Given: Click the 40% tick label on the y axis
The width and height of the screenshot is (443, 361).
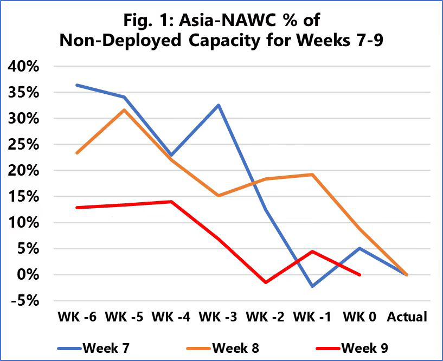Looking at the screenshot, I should (x=23, y=67).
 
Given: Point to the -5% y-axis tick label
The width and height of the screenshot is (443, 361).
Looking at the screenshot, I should (x=23, y=301).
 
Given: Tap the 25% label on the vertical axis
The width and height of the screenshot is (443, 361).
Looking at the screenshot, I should (x=23, y=145).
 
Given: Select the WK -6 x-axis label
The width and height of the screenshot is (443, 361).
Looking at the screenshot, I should (x=76, y=317).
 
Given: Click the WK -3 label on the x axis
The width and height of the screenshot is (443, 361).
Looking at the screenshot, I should (x=218, y=317).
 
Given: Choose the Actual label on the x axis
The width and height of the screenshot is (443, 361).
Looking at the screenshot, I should (x=407, y=317).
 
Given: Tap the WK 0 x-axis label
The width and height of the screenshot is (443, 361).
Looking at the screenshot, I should (x=359, y=317).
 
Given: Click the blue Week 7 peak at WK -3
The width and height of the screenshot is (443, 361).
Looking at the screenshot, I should (x=219, y=105).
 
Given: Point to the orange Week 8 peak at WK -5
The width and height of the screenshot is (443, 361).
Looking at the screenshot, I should (x=124, y=110).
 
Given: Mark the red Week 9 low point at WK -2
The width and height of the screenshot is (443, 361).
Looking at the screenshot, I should (x=266, y=282).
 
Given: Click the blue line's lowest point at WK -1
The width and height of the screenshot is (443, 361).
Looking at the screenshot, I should (x=313, y=286).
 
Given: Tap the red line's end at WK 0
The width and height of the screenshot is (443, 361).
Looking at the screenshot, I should (x=359, y=275).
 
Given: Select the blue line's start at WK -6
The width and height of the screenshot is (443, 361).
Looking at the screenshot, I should (x=77, y=85).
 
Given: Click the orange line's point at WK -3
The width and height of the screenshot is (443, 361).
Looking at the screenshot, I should (x=219, y=196).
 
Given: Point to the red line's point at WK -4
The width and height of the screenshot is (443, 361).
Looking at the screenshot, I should (x=171, y=202).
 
